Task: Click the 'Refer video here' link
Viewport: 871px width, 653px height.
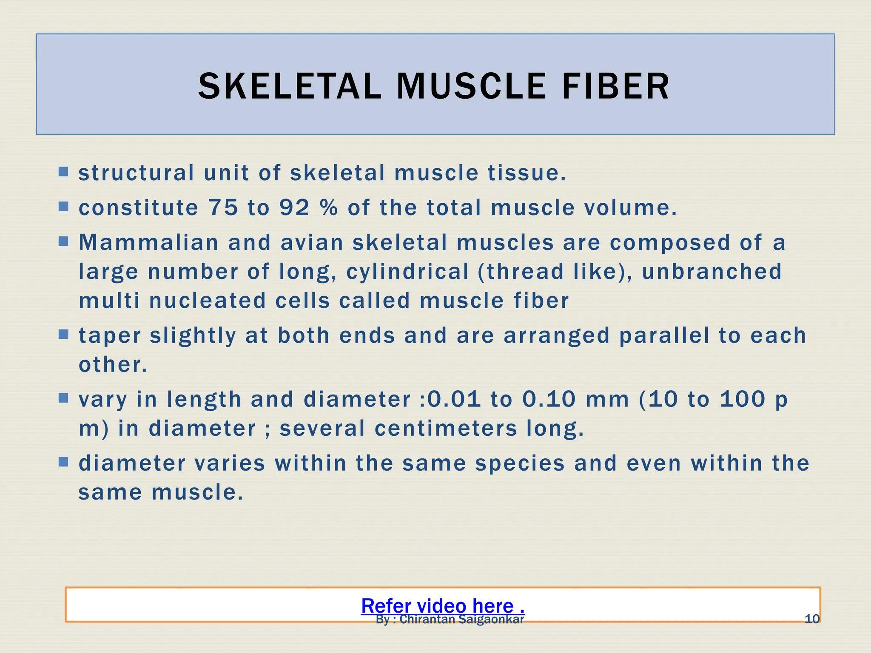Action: (x=442, y=605)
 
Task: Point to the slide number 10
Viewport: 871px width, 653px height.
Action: (x=812, y=619)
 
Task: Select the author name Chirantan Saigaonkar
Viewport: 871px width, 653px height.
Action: (x=461, y=620)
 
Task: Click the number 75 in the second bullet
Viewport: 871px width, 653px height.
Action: (x=223, y=207)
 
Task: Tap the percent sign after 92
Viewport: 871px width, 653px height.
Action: (x=328, y=207)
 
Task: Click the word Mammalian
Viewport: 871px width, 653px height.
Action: (x=148, y=242)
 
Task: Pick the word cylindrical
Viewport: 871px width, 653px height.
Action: (x=407, y=272)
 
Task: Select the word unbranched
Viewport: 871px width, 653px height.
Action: (x=712, y=272)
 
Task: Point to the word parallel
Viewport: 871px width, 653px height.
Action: (x=664, y=335)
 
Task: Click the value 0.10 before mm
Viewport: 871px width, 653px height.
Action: (x=549, y=399)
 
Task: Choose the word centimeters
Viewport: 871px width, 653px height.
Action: (x=446, y=428)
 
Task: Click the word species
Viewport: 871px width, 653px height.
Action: (x=520, y=463)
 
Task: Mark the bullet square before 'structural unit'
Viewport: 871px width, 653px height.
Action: (x=63, y=172)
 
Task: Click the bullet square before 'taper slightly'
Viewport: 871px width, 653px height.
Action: (x=63, y=334)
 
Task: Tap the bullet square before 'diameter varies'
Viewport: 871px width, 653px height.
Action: (x=63, y=462)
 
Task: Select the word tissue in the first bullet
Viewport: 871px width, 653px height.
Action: (x=527, y=173)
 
